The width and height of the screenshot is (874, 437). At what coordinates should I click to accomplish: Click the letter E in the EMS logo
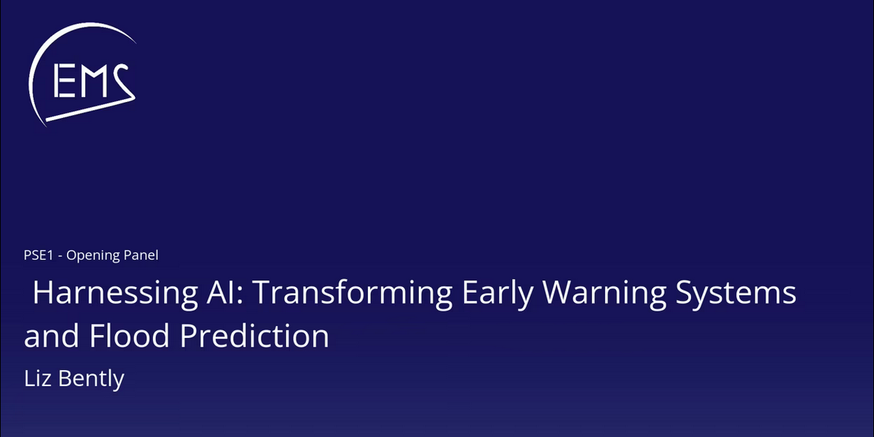(x=64, y=81)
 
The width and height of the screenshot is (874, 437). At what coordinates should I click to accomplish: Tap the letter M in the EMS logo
(x=94, y=81)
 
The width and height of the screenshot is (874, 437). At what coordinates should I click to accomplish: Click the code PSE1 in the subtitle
(x=38, y=255)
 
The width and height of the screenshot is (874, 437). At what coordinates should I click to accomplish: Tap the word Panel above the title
(x=141, y=255)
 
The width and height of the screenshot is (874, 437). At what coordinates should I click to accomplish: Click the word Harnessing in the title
(x=115, y=294)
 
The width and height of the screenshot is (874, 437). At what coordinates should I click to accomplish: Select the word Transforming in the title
(x=353, y=294)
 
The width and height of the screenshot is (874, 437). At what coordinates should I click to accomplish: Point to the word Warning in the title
(x=605, y=294)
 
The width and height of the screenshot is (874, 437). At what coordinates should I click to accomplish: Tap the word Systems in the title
(x=736, y=294)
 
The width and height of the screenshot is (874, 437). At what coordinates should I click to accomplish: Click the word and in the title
(x=52, y=335)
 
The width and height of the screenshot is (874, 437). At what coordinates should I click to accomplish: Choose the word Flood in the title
(x=129, y=335)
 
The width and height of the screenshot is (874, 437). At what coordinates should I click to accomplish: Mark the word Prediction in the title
(x=254, y=335)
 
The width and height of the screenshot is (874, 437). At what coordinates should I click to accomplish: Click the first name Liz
(x=37, y=379)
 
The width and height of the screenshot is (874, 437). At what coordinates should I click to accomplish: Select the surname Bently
(x=91, y=379)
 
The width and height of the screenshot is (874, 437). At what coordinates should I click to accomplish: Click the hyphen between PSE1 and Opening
(x=60, y=256)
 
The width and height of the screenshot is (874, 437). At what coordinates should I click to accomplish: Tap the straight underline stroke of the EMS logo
(x=90, y=109)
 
